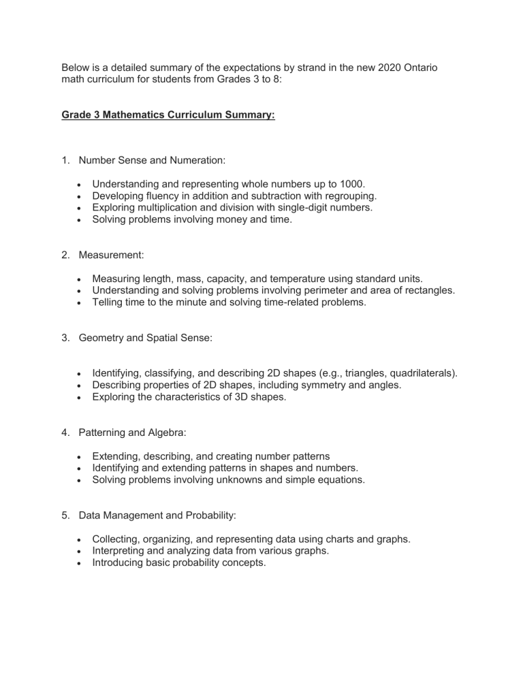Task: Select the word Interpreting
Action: [121, 552]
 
